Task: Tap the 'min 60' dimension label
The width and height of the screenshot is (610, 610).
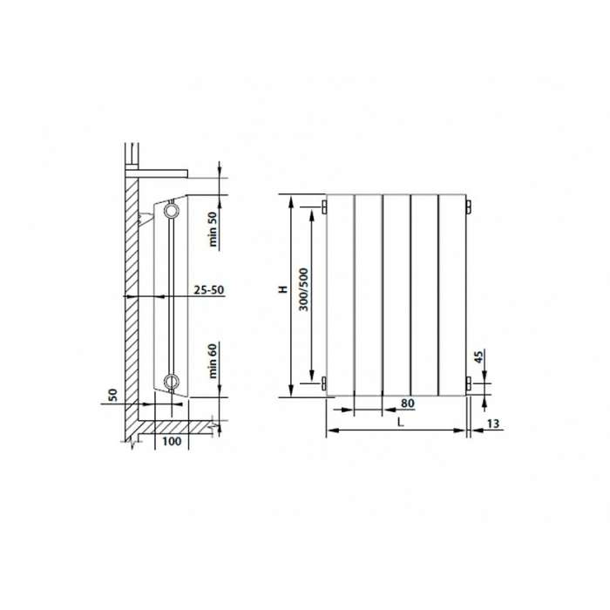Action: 213,362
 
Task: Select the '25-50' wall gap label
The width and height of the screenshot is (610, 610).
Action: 209,290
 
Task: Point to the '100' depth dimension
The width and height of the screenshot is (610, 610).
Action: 172,441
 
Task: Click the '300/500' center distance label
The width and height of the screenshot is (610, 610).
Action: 304,289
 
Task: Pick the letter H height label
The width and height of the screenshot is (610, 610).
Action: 283,289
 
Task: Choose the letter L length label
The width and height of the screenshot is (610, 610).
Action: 400,422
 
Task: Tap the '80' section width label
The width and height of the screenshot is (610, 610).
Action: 407,403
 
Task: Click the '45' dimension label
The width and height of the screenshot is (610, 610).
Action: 479,356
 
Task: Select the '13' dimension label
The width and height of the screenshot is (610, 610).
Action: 492,424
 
